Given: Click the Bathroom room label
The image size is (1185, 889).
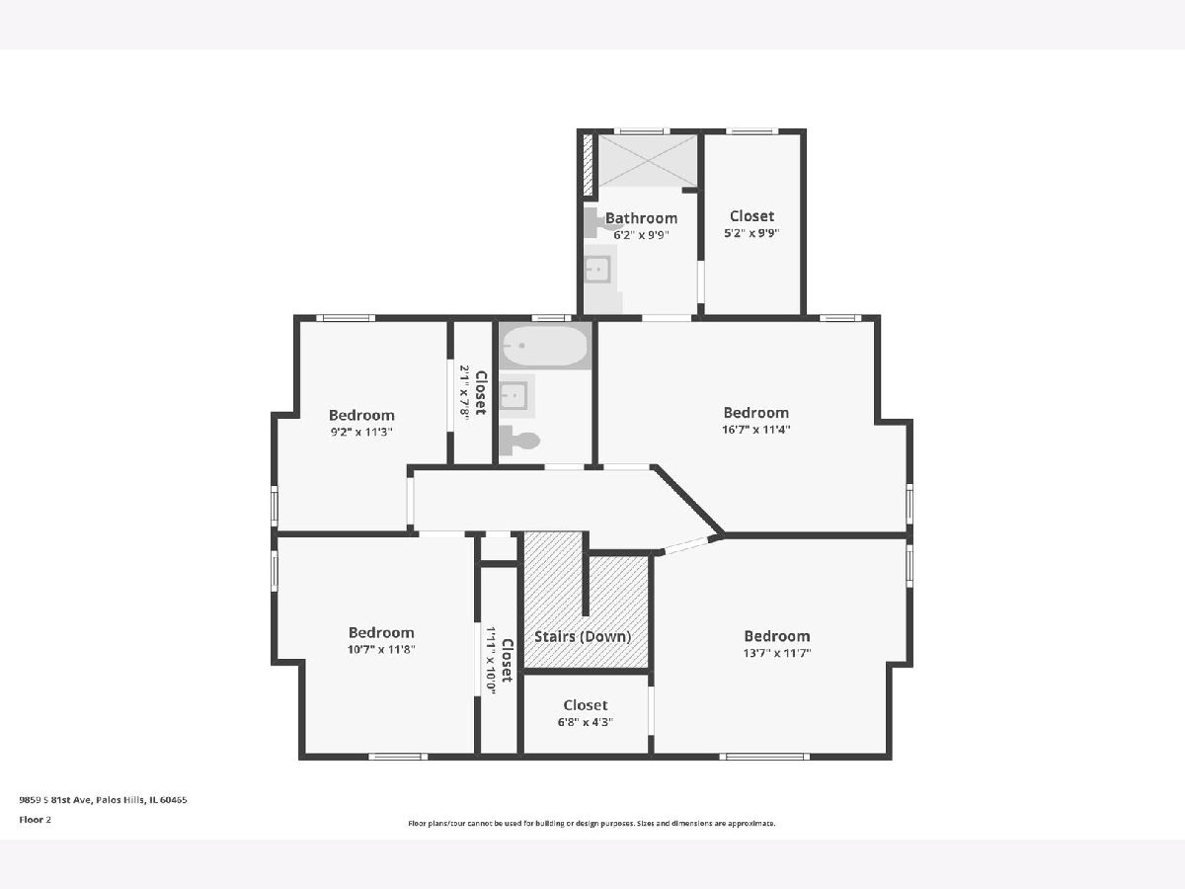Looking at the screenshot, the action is tap(641, 218).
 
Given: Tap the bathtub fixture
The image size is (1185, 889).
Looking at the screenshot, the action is tap(545, 346).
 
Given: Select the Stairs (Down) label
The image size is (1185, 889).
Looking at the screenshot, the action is tap(583, 636).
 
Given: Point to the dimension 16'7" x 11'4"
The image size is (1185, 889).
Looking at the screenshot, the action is tap(755, 430).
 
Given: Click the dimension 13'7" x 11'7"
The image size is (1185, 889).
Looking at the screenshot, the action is tap(777, 653).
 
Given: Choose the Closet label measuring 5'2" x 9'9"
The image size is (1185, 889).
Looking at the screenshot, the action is tap(751, 216).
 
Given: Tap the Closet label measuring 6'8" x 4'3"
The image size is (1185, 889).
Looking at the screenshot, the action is tap(586, 705).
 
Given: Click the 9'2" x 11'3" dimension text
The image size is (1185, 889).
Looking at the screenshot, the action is tap(361, 432).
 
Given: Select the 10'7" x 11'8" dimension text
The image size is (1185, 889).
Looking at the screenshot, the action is tap(381, 649).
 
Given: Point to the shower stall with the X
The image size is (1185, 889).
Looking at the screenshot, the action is tap(647, 160).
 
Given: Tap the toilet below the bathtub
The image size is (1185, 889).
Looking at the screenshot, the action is tap(518, 441).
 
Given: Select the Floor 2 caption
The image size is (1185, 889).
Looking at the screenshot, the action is tap(36, 820).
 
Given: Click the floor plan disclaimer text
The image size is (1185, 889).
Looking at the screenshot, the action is tap(592, 823).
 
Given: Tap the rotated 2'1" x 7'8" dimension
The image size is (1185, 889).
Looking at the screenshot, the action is tap(464, 392).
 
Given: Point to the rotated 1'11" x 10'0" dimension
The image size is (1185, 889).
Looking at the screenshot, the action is tap(491, 660).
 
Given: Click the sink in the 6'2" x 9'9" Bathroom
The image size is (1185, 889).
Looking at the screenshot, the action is tap(598, 269).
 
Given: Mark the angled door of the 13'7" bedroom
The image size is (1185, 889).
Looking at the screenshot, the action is tap(687, 545).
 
